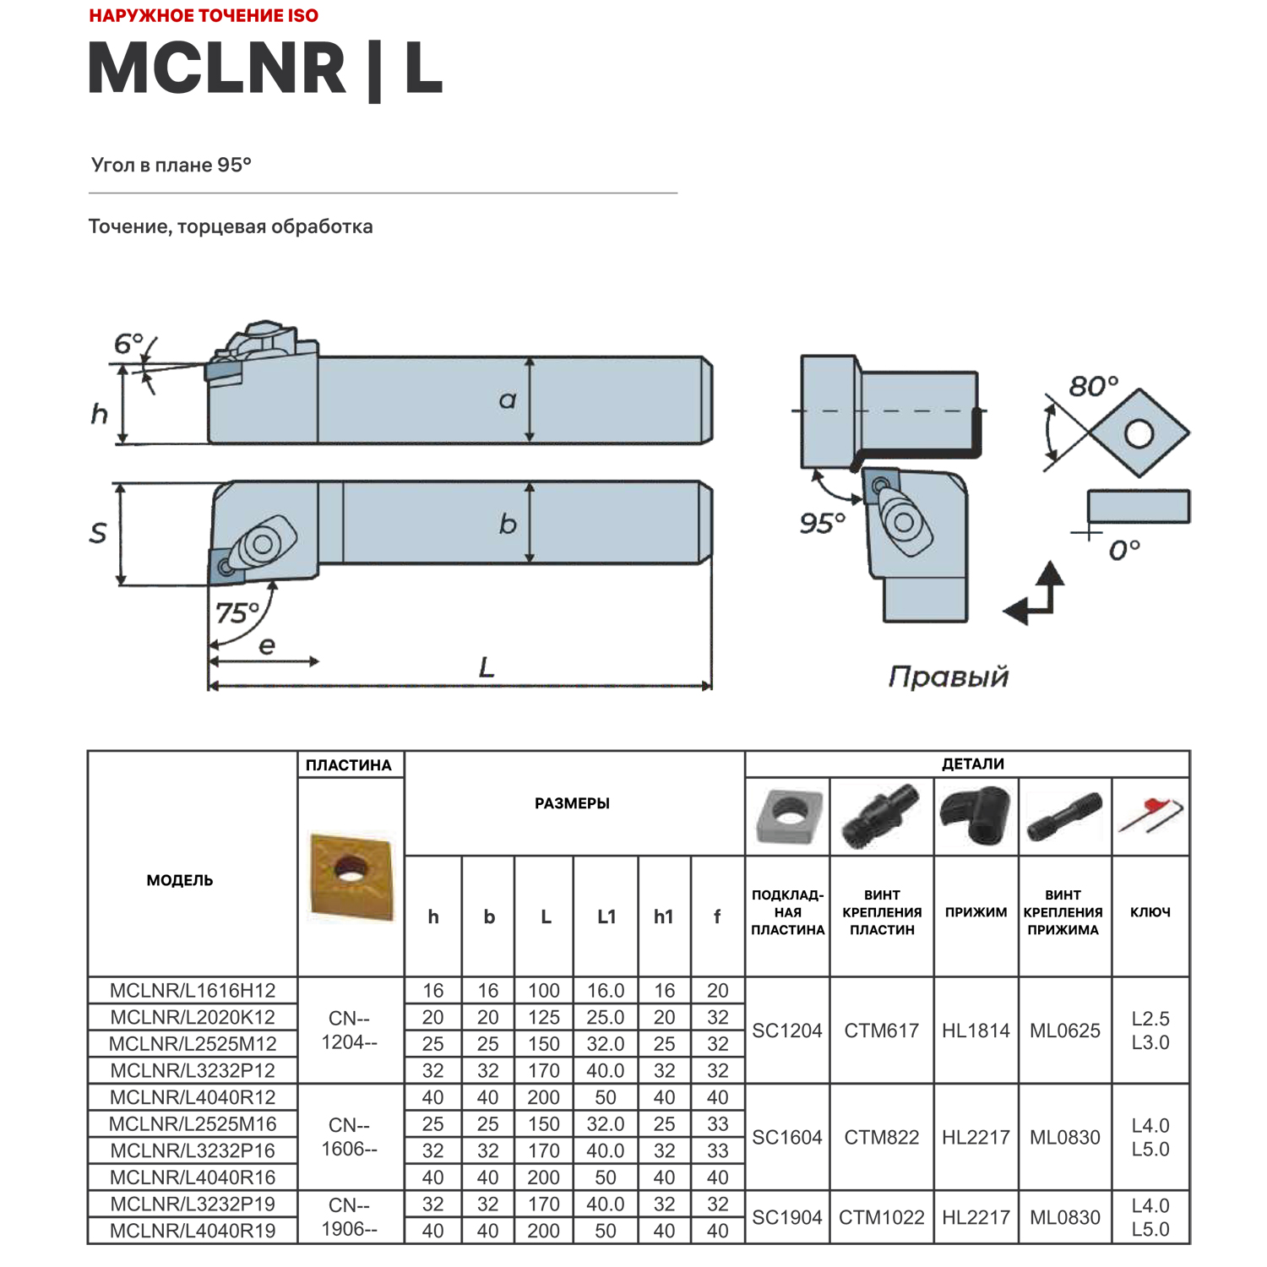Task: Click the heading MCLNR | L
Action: coord(265,68)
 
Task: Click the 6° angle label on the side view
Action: coord(128,344)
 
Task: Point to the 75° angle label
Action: coord(237,612)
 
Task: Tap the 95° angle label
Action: coord(822,524)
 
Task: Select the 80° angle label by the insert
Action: coord(1093,387)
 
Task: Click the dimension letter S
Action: coord(98,533)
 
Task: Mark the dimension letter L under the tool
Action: coord(487,668)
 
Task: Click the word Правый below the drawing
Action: coord(948,677)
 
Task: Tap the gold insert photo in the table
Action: coord(351,877)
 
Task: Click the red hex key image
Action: coord(1150,815)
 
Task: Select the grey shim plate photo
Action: coord(788,816)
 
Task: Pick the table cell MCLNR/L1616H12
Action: coord(193,990)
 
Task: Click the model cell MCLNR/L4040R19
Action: coord(193,1231)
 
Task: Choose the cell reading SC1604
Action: coord(787,1137)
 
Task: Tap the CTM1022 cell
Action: coord(882,1217)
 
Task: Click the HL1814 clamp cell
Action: coord(976,1030)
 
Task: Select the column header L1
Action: coord(606,916)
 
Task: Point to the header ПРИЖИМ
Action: coord(976,912)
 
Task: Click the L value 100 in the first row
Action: coord(543,990)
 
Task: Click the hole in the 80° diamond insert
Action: coord(1139,434)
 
